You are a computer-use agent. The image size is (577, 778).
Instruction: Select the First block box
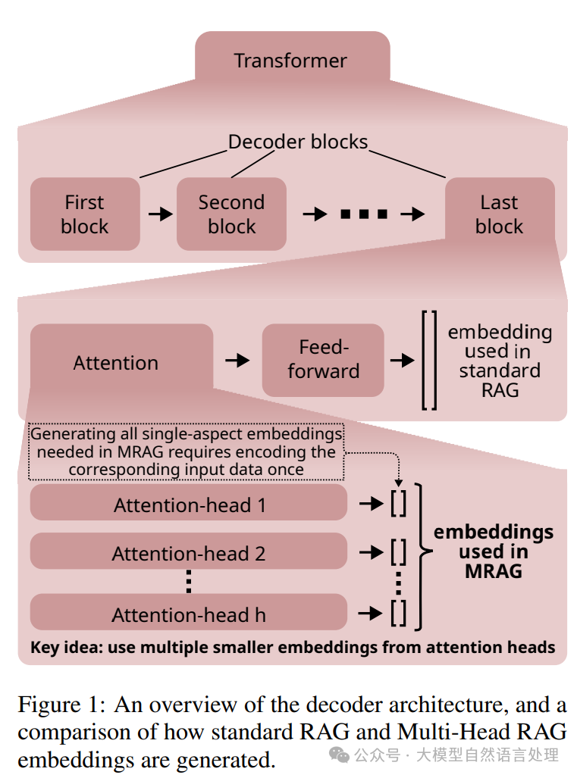click(x=85, y=214)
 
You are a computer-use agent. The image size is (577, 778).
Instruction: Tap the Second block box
click(x=231, y=214)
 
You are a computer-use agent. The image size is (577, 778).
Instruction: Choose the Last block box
click(x=500, y=214)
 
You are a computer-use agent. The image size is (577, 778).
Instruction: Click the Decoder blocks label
click(x=298, y=142)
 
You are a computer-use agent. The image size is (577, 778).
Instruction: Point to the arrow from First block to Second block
click(x=160, y=214)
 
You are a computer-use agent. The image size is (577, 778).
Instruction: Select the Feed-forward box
click(x=324, y=359)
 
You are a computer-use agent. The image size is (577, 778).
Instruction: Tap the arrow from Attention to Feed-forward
click(x=237, y=361)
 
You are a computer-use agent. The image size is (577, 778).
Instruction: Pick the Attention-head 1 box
click(x=189, y=505)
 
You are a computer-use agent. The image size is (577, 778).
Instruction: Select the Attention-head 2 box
click(x=189, y=553)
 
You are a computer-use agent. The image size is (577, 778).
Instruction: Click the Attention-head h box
click(x=189, y=614)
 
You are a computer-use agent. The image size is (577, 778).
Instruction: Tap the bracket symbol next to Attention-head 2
click(x=398, y=553)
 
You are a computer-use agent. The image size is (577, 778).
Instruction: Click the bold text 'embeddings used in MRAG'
click(x=494, y=551)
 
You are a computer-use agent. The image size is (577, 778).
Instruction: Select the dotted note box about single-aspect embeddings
click(x=186, y=451)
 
